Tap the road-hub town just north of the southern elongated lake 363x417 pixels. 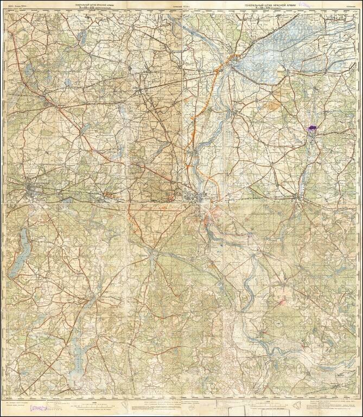coord(95,300)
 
